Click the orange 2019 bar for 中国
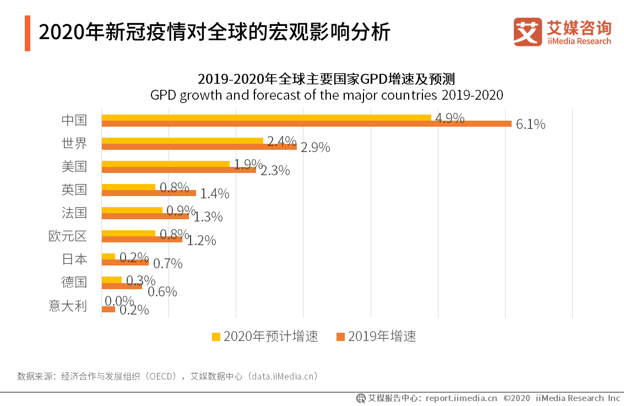tap(307, 123)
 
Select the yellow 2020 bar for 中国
tap(267, 117)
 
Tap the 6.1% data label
tap(530, 124)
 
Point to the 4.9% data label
tap(450, 118)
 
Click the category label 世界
tap(74, 143)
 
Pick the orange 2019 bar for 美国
tap(179, 170)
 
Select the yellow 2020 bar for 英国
tap(128, 187)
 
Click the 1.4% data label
tap(214, 194)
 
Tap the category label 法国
tap(74, 213)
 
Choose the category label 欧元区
tap(68, 236)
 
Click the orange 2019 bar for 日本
tap(125, 262)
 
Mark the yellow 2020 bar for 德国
tap(112, 279)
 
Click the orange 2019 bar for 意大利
tap(108, 309)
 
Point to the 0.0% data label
tap(120, 301)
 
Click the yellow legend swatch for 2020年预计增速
tap(216, 337)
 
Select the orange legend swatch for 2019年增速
tap(340, 337)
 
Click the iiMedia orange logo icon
tap(527, 32)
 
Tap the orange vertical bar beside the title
tap(28, 34)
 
